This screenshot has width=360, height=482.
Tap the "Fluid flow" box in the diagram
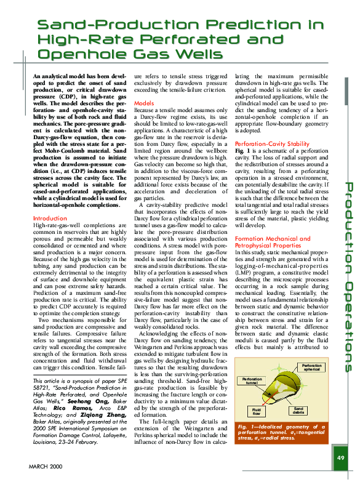[x=257, y=411]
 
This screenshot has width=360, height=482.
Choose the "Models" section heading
[x=143, y=103]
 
